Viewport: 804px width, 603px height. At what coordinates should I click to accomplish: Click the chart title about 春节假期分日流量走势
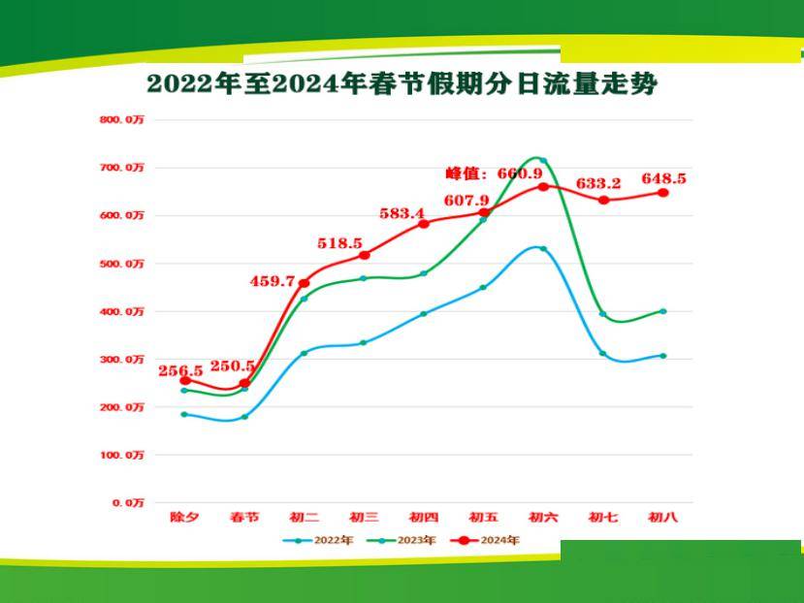pos(402,84)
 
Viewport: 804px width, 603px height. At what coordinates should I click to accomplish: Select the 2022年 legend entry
pos(316,540)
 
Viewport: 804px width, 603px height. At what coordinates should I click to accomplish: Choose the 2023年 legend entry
pos(405,540)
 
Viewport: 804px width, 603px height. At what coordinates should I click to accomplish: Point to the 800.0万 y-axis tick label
pos(121,120)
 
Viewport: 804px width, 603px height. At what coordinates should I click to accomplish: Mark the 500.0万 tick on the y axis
pos(121,264)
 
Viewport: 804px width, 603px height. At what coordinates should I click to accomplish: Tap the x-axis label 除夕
pos(184,518)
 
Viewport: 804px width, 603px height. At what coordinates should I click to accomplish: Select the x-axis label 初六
pos(543,518)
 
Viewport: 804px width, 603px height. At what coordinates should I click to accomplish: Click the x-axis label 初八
pos(662,518)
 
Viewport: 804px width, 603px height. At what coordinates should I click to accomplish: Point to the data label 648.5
pos(664,178)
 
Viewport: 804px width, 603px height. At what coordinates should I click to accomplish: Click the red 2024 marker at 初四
pos(424,224)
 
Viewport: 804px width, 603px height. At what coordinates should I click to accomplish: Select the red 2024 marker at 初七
pos(603,200)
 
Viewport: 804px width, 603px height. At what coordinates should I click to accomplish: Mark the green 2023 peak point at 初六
pos(543,161)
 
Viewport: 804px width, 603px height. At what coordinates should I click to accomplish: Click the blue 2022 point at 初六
pos(543,249)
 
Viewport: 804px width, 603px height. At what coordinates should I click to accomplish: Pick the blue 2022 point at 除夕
pos(184,415)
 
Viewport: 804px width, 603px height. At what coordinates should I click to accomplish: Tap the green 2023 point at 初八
pos(663,311)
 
